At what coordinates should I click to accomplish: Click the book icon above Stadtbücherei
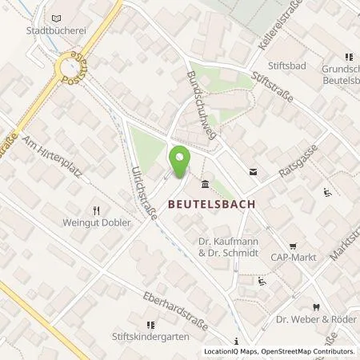click(55, 18)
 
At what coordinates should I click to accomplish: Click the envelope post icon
click(254, 171)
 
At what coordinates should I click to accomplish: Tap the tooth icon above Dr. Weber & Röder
click(316, 307)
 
